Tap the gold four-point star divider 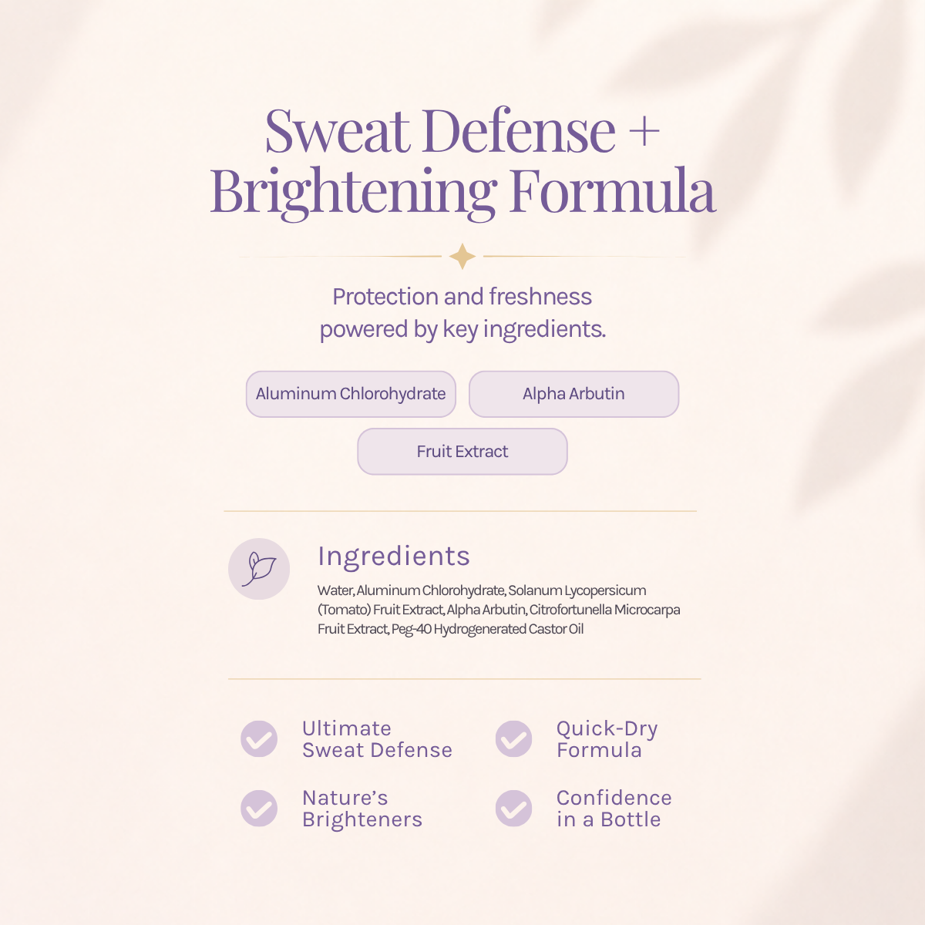pyautogui.click(x=462, y=257)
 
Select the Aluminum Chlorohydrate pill pyautogui.click(x=351, y=394)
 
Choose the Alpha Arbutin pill pyautogui.click(x=573, y=394)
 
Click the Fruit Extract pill pyautogui.click(x=462, y=451)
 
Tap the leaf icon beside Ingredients pyautogui.click(x=259, y=569)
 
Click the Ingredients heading pyautogui.click(x=394, y=557)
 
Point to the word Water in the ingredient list pyautogui.click(x=335, y=590)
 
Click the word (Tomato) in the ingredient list pyautogui.click(x=344, y=610)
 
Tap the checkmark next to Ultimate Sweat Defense pyautogui.click(x=259, y=738)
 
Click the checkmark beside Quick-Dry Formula pyautogui.click(x=513, y=738)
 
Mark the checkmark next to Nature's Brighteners pyautogui.click(x=259, y=809)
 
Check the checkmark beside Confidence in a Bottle pyautogui.click(x=513, y=809)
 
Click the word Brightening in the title pyautogui.click(x=353, y=192)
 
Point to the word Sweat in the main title pyautogui.click(x=338, y=130)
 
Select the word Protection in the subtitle pyautogui.click(x=385, y=297)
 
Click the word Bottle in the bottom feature pyautogui.click(x=631, y=819)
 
